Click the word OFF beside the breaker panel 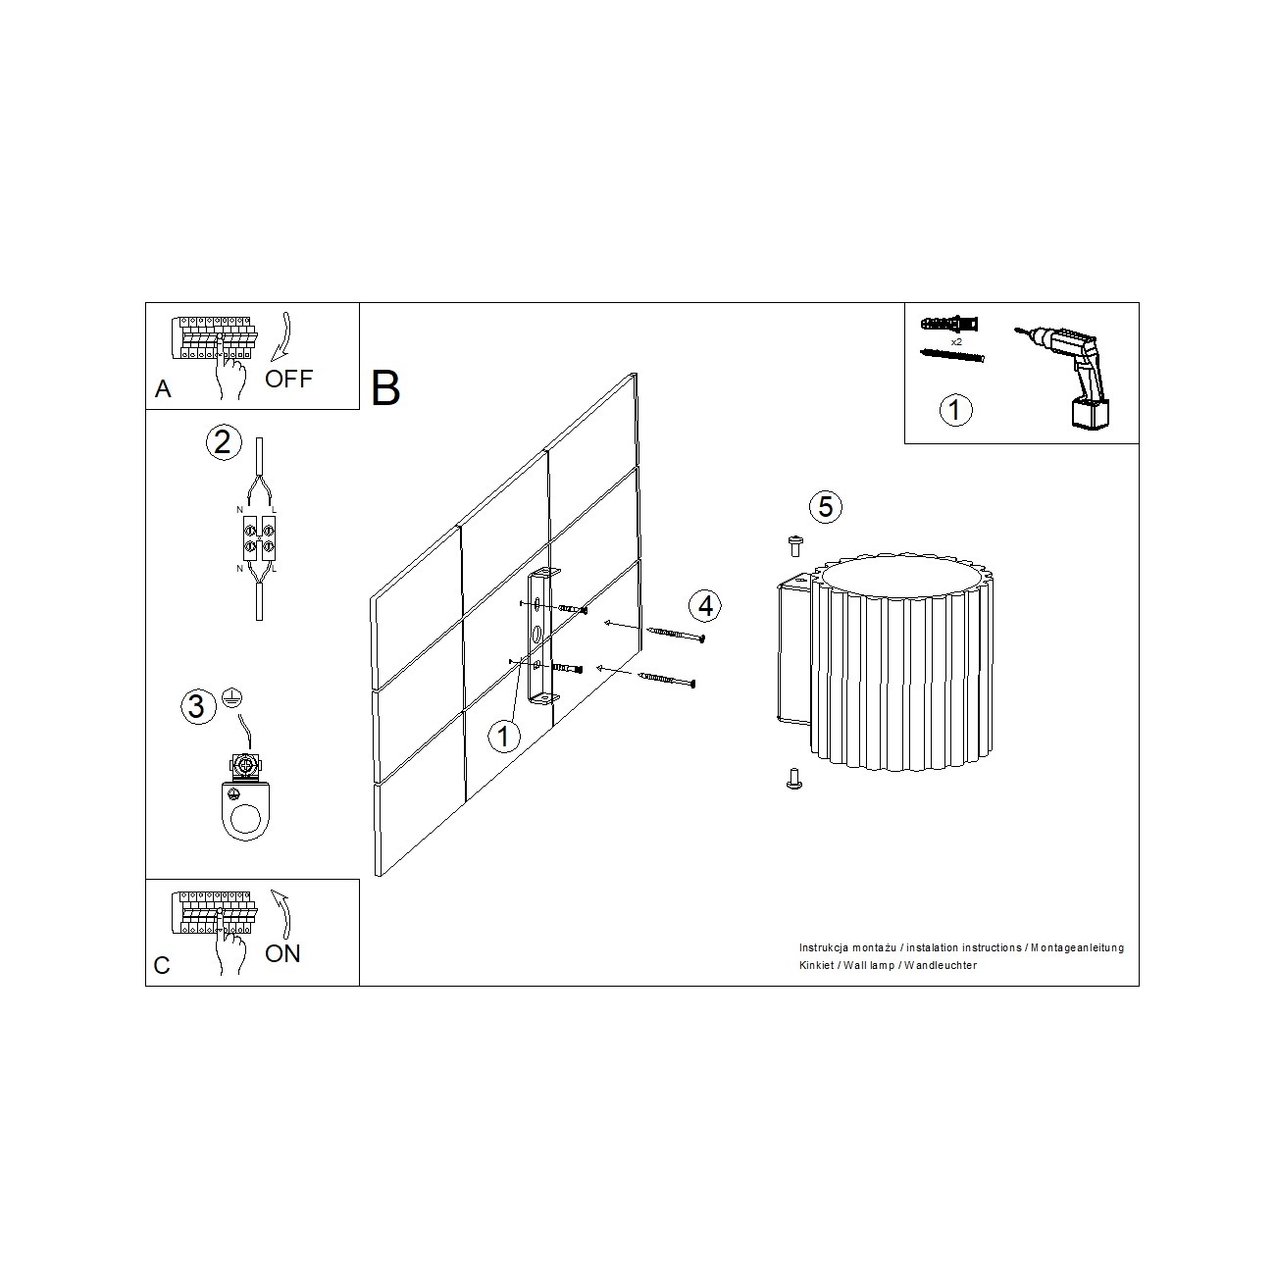pyautogui.click(x=288, y=380)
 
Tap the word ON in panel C pyautogui.click(x=282, y=953)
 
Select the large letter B pyautogui.click(x=385, y=388)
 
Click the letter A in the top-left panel pyautogui.click(x=163, y=389)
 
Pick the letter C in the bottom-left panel pyautogui.click(x=162, y=965)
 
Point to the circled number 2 pyautogui.click(x=224, y=442)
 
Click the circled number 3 pyautogui.click(x=198, y=706)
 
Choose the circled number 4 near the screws pyautogui.click(x=704, y=606)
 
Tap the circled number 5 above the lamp pyautogui.click(x=826, y=507)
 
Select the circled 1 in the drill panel pyautogui.click(x=955, y=410)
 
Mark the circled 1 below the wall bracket pyautogui.click(x=503, y=737)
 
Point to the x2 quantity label pyautogui.click(x=956, y=342)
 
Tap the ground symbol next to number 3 pyautogui.click(x=231, y=698)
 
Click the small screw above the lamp pyautogui.click(x=796, y=546)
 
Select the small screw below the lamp pyautogui.click(x=794, y=778)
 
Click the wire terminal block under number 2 pyautogui.click(x=259, y=537)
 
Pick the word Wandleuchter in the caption pyautogui.click(x=941, y=965)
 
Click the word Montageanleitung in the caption pyautogui.click(x=1077, y=947)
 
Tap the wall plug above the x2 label pyautogui.click(x=949, y=325)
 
